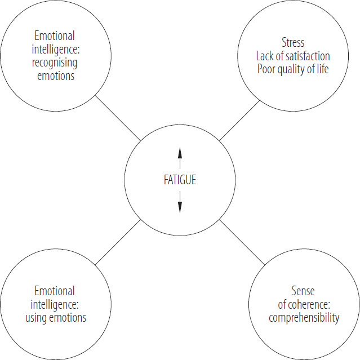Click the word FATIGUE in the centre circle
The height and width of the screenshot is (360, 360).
180,180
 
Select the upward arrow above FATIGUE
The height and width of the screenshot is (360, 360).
180,158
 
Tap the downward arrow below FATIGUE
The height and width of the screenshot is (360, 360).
180,202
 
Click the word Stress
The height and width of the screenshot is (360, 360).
293,43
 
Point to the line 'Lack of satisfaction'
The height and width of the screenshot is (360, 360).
293,56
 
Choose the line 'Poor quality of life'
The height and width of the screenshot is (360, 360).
293,70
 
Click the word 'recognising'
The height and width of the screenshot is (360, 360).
54,63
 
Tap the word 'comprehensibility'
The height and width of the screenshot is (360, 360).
304,318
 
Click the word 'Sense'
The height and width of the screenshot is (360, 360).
303,291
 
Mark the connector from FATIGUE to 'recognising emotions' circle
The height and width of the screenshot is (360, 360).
118,118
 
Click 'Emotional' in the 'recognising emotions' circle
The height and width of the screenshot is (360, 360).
54,36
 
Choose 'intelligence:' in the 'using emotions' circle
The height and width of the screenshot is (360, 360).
54,304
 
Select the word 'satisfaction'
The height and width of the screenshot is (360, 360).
306,56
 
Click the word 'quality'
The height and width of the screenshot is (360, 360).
291,70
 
